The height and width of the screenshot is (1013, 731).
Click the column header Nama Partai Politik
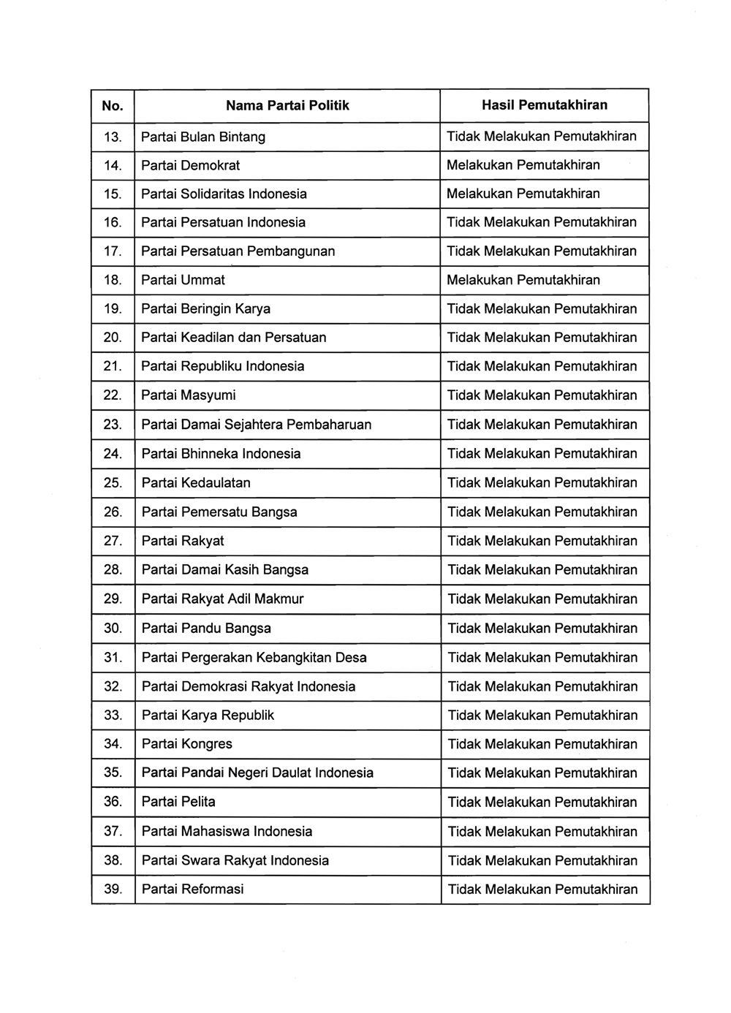(x=287, y=105)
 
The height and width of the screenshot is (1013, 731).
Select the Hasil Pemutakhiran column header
(x=544, y=105)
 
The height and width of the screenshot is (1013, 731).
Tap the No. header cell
(x=113, y=105)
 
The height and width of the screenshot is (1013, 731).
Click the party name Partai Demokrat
(x=190, y=165)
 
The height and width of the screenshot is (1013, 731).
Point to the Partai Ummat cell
(x=183, y=280)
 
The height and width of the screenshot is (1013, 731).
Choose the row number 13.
(x=113, y=137)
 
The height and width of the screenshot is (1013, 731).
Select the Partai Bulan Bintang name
(x=202, y=137)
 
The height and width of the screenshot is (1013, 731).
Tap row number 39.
(x=113, y=889)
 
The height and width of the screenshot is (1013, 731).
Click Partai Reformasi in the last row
(x=192, y=889)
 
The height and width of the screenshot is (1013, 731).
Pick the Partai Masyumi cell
(x=188, y=395)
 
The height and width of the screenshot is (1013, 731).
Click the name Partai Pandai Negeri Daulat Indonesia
(x=257, y=773)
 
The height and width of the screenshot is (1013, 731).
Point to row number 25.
(x=113, y=482)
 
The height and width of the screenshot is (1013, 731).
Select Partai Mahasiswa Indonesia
(x=227, y=831)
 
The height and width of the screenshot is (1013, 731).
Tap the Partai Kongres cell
(x=186, y=744)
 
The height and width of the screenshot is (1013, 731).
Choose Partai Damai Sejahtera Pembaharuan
(x=256, y=425)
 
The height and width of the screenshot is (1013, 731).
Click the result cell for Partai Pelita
(x=542, y=802)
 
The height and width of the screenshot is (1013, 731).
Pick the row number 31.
(x=113, y=657)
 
